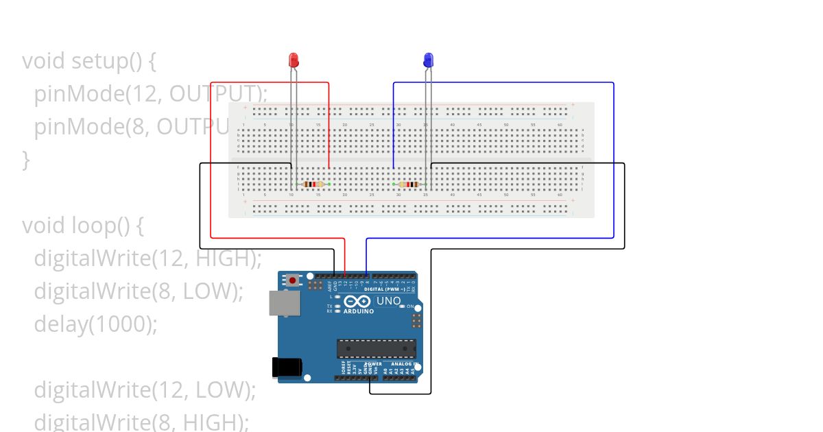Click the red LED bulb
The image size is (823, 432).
point(294,60)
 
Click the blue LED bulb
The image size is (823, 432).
point(429,60)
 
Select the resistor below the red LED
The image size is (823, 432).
point(312,184)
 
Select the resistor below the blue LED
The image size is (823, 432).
point(410,184)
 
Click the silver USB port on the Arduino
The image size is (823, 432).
point(280,303)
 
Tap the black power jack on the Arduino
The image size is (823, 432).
point(286,368)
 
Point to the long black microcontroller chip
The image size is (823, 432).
point(376,348)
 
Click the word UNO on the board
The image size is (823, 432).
point(389,301)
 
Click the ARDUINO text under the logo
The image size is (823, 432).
point(358,311)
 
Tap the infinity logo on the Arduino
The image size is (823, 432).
point(357,302)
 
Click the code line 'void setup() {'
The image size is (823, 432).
point(89,61)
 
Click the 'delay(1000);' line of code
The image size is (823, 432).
point(96,324)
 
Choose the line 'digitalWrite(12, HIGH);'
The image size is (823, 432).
point(148,259)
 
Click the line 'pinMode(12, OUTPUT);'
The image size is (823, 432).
point(150,94)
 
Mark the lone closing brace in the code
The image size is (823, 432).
point(26,160)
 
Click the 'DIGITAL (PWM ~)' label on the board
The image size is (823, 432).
point(383,289)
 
